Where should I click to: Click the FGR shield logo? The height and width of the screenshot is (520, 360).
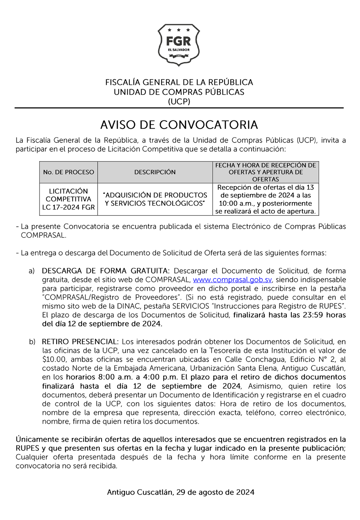click(x=178, y=45)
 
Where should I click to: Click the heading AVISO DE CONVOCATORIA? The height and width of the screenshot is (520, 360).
click(x=179, y=125)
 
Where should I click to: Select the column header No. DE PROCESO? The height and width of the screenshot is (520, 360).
click(x=69, y=172)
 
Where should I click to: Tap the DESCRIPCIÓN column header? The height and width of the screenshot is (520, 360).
click(x=155, y=172)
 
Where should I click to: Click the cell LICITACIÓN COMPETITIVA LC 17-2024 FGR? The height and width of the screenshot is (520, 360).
click(x=69, y=199)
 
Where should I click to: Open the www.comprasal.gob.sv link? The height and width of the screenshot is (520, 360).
click(x=232, y=280)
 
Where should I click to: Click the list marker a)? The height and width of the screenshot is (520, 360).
click(x=32, y=271)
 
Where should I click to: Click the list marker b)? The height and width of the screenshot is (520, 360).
click(x=32, y=342)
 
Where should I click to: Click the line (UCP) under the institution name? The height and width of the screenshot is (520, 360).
click(x=179, y=102)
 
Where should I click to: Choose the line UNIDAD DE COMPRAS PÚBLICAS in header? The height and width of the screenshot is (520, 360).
click(x=179, y=92)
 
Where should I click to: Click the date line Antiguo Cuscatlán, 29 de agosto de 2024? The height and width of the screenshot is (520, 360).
click(x=181, y=492)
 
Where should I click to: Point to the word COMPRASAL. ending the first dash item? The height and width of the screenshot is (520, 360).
click(x=43, y=235)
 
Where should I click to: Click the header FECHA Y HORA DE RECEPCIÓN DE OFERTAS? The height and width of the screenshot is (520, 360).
click(x=265, y=172)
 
